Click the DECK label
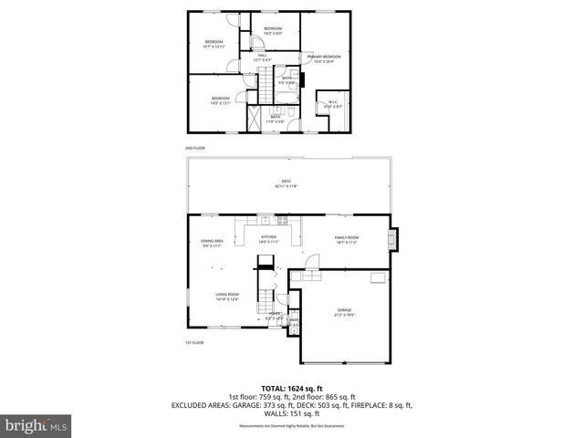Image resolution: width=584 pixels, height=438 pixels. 286,181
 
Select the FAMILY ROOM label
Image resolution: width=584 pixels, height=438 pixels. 346,237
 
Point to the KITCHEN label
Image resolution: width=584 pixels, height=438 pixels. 268,237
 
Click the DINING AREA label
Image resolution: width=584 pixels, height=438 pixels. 212,241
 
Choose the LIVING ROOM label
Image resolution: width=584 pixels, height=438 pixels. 227,294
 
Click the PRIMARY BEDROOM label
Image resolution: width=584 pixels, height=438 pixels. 323,57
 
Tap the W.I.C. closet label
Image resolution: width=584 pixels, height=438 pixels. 333,101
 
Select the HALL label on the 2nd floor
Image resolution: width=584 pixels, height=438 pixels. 262,56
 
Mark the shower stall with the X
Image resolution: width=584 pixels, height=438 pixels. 255,119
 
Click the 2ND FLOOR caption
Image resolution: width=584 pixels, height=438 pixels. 195,147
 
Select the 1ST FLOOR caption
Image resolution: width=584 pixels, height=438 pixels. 195,342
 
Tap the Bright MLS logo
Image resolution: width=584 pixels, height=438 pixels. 36,424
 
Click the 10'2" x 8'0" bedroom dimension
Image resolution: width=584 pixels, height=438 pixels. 273,34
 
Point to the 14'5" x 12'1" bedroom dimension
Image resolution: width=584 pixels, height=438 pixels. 221,103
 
